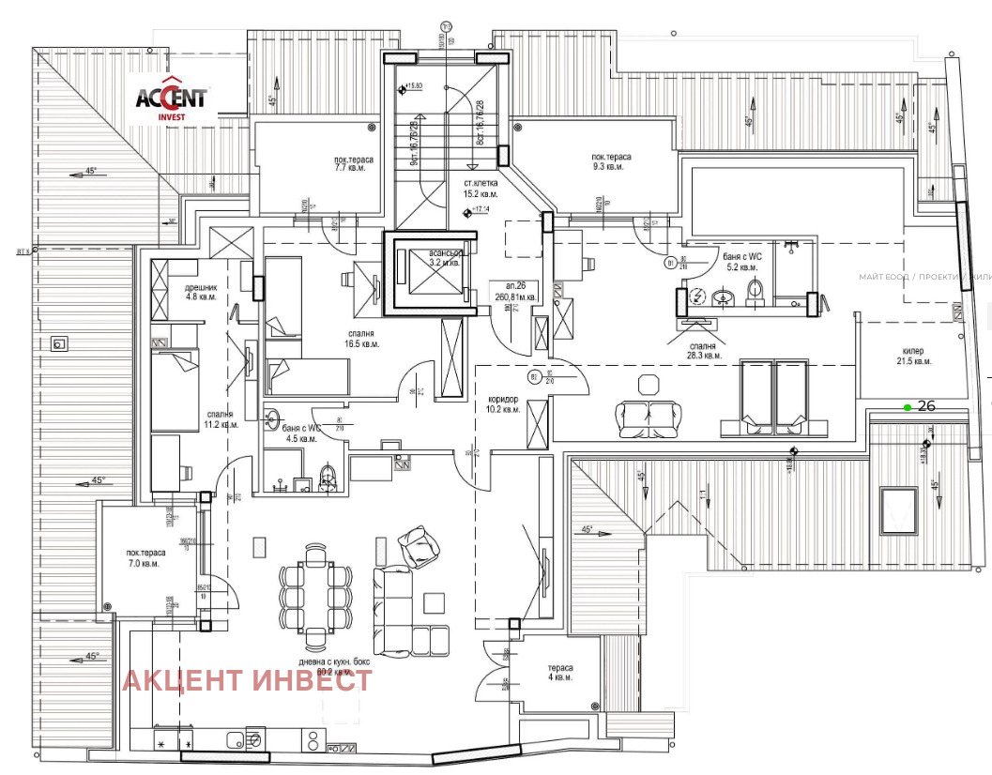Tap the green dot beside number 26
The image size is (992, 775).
pos(907,407)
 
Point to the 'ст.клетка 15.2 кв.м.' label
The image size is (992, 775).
pos(481,189)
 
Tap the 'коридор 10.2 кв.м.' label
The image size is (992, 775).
pos(504,403)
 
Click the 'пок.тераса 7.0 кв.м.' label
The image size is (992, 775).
pos(144,558)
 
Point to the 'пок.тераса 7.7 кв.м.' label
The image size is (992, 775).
pos(354,164)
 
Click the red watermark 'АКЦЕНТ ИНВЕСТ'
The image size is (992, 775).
pos(247,680)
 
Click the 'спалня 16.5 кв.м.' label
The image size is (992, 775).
pos(360,339)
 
